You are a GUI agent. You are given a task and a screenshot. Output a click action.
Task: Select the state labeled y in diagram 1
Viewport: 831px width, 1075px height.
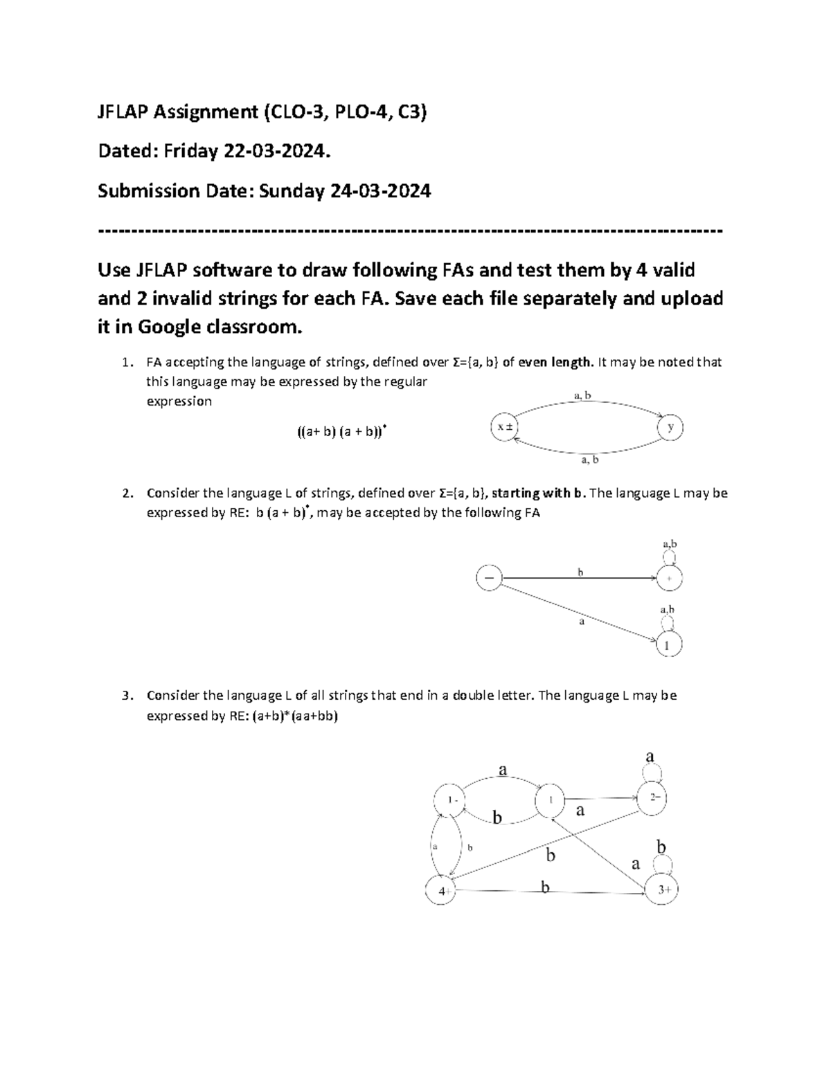tap(670, 428)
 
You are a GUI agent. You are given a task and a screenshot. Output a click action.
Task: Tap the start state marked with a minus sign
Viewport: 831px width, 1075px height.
tap(489, 578)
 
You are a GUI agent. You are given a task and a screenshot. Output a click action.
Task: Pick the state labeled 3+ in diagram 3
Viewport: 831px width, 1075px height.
tap(663, 890)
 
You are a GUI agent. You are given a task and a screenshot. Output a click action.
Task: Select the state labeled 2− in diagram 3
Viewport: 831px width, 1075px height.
tap(654, 797)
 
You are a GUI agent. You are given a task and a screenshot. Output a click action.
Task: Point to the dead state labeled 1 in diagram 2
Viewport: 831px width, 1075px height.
tap(669, 645)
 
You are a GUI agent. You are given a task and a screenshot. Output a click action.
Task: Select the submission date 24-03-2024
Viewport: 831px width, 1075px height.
tap(380, 191)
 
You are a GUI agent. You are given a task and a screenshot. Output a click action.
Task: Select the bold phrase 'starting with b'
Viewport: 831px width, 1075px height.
tap(539, 493)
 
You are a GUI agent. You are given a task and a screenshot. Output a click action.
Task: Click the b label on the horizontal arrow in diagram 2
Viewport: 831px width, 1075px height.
tap(580, 572)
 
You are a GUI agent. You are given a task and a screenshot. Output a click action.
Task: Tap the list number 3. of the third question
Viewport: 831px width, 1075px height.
tap(126, 696)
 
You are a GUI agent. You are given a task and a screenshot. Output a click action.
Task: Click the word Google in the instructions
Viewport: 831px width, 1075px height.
tap(170, 327)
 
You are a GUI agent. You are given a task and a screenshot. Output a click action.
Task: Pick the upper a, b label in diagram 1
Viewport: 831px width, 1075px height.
tap(582, 396)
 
